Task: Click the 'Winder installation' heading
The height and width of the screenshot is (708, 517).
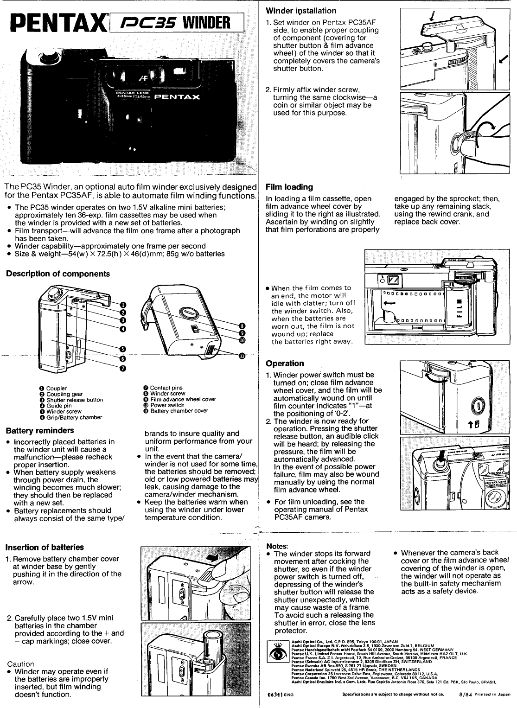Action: click(x=301, y=11)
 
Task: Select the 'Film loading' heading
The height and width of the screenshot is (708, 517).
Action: click(x=289, y=187)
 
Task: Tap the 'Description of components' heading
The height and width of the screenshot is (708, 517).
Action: click(x=58, y=274)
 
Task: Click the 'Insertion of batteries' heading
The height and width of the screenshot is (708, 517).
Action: click(x=45, y=547)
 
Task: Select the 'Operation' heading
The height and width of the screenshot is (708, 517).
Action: click(x=285, y=364)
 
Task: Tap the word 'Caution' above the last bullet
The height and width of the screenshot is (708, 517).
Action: click(x=21, y=664)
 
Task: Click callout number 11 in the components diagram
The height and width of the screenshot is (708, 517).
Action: click(x=242, y=356)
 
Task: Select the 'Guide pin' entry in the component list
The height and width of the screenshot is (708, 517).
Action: click(x=59, y=406)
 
